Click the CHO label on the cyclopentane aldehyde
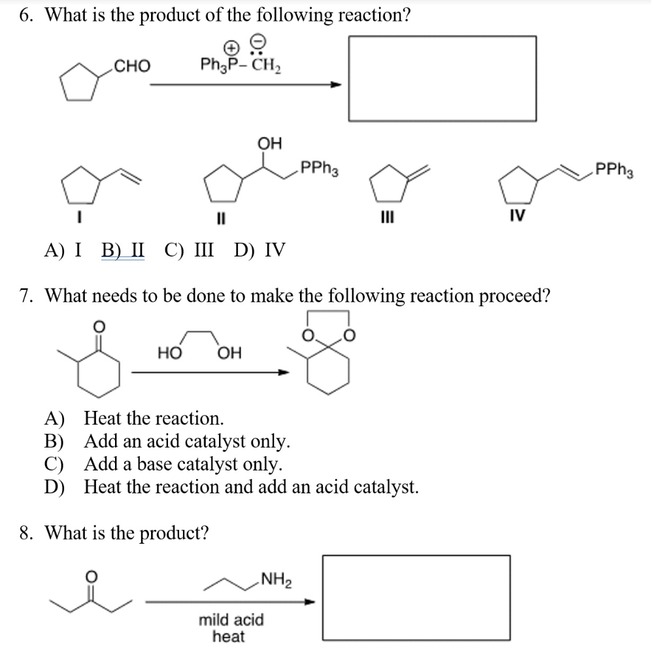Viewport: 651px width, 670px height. point(131,66)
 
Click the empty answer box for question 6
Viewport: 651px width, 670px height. point(442,79)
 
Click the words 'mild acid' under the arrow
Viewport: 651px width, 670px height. point(231,620)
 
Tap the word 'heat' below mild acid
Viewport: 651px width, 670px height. point(229,636)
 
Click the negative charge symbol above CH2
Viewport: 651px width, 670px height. point(259,42)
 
